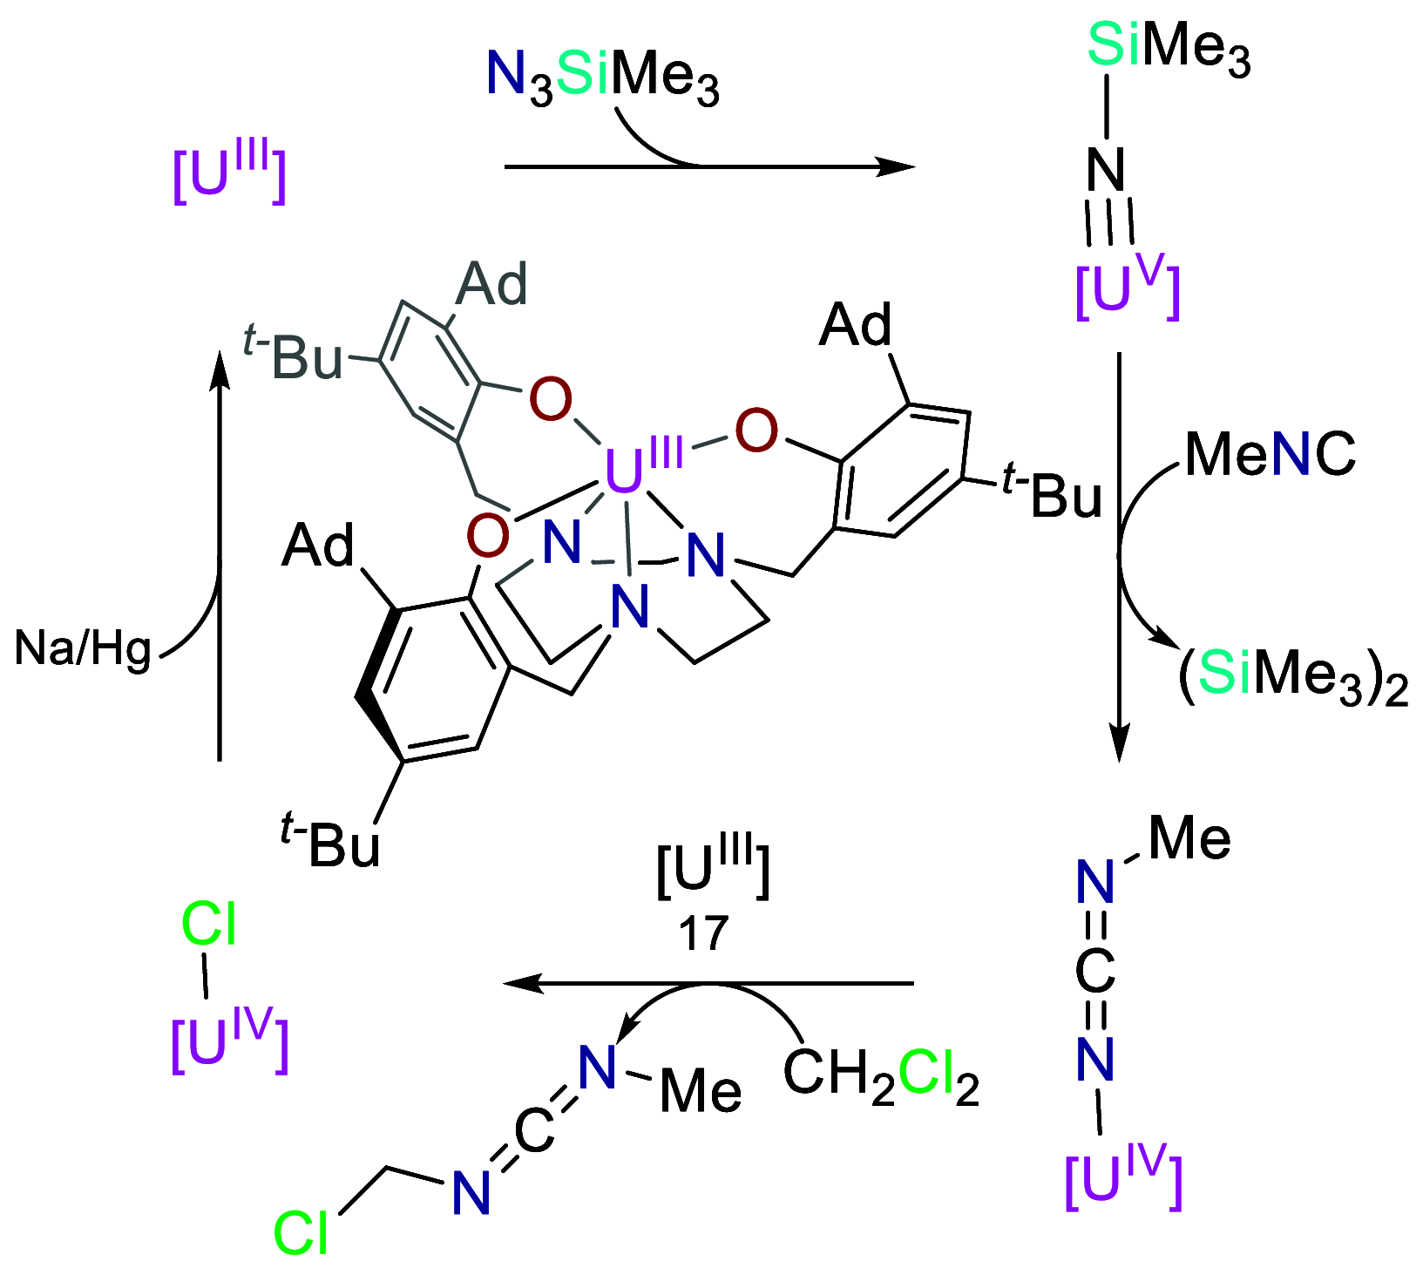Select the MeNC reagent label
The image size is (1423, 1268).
point(1270,454)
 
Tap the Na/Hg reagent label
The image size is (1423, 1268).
point(83,648)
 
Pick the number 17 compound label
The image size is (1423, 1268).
point(703,933)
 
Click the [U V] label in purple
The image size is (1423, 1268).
point(1127,290)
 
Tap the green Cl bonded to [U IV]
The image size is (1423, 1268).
point(208,925)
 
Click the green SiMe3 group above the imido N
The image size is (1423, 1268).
point(1169,47)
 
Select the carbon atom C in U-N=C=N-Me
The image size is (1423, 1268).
point(1095,970)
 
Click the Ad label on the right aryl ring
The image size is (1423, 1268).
point(856,325)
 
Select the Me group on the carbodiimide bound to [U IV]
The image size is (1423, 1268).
point(1189,838)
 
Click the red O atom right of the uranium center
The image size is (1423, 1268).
point(756,431)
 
